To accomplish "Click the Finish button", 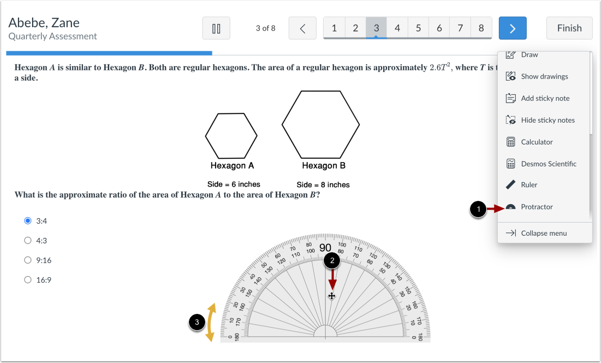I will pos(569,28).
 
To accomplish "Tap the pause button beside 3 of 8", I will pos(216,28).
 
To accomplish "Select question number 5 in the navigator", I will pos(418,28).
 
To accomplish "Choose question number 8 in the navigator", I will pos(481,28).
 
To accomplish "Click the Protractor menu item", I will pos(537,207).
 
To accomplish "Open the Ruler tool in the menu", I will pos(529,185).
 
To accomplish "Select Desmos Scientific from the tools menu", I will pos(548,164).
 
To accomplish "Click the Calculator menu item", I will pos(537,142).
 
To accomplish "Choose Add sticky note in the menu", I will pos(545,98).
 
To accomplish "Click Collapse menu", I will pos(544,233).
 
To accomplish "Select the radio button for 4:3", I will pos(28,240).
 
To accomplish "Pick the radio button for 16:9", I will pos(28,280).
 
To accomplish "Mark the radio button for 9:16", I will pos(28,260).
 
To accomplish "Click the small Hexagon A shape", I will pos(231,135).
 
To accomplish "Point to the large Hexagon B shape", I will pos(320,125).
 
